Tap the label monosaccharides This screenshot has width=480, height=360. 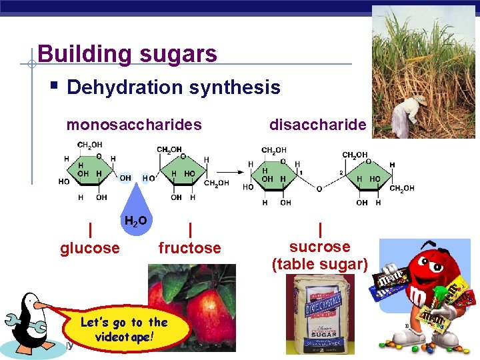tap(133, 125)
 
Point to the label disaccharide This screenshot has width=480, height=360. tap(317, 125)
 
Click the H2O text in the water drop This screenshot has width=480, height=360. tap(135, 220)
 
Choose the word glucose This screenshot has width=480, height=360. tap(90, 248)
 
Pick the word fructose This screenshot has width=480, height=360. tap(189, 248)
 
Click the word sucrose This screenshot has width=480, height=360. tap(319, 246)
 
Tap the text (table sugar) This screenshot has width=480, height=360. tap(319, 263)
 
